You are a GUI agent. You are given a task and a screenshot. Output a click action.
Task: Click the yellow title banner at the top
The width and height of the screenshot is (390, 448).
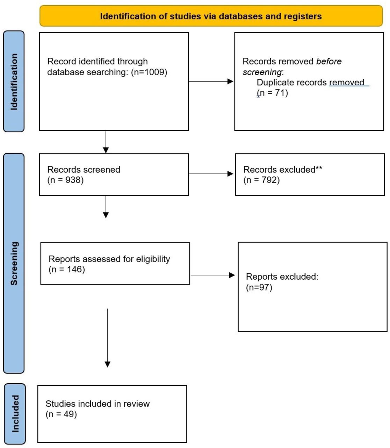(x=211, y=16)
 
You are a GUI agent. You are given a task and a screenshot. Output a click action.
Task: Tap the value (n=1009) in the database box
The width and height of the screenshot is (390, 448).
(x=149, y=72)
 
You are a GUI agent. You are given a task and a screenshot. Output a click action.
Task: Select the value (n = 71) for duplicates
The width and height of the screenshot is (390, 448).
(x=272, y=93)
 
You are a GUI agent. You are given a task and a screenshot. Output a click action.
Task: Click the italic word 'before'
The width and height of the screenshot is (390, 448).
(x=328, y=62)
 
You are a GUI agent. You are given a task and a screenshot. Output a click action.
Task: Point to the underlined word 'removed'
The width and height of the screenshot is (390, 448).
(x=347, y=83)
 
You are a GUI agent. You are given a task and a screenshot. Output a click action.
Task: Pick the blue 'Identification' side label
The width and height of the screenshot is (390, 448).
(x=14, y=82)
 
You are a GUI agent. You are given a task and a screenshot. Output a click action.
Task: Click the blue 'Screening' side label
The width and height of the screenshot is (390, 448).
(x=14, y=263)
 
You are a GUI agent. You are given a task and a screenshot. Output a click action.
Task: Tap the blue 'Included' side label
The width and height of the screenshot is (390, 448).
(x=15, y=413)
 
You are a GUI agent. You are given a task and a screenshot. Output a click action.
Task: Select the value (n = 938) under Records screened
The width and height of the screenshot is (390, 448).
(x=65, y=180)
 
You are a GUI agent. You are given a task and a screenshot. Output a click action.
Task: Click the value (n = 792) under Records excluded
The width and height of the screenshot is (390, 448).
(x=261, y=180)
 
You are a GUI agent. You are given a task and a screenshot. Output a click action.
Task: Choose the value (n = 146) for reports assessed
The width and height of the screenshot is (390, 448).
(x=67, y=269)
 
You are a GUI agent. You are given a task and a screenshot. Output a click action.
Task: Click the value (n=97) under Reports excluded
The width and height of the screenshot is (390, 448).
(x=259, y=287)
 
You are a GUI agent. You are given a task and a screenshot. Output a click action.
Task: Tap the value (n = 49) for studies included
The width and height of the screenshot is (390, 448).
(x=61, y=414)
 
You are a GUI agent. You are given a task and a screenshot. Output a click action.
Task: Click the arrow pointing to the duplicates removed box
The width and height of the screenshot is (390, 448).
(x=211, y=82)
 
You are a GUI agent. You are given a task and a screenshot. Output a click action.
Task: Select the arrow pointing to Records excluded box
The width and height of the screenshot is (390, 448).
(x=211, y=174)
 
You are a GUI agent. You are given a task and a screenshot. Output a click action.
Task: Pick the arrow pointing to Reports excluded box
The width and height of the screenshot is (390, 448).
(x=212, y=275)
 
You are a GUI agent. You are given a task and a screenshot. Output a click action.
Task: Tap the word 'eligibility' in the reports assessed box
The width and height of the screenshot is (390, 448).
(x=153, y=259)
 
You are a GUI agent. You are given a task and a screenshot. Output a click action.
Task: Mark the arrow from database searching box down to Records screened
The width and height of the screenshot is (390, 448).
(x=106, y=142)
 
